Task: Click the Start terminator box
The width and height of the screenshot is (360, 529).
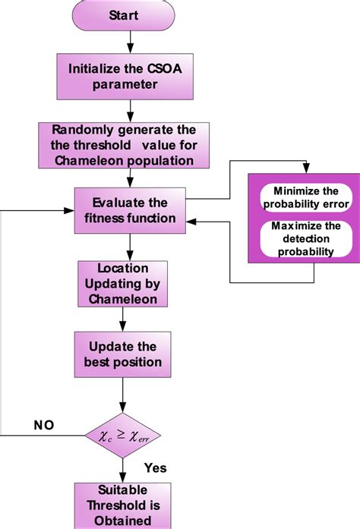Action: point(123,15)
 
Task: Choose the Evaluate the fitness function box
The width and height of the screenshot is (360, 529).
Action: point(130,210)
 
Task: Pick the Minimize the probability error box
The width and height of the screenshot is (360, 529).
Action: point(305,197)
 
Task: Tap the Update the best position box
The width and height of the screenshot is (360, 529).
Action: point(122,354)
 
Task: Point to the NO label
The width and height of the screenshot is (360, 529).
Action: point(44,426)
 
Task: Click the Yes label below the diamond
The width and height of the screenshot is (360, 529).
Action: point(154,468)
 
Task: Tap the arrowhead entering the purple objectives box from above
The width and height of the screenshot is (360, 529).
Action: point(305,171)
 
